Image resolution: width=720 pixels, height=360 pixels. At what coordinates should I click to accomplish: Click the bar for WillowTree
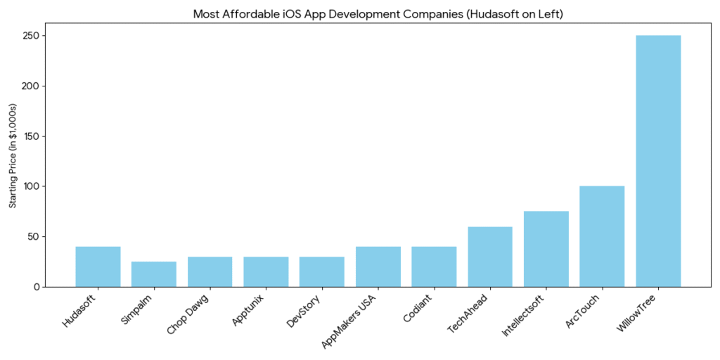pos(658,161)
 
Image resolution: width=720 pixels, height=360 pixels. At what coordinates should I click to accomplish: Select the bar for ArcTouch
pos(602,236)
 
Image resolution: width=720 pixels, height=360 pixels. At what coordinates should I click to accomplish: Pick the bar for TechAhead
pos(490,257)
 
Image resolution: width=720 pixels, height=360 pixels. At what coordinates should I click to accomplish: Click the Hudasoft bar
pos(98,266)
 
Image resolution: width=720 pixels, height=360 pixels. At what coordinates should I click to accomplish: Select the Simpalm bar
pos(154,274)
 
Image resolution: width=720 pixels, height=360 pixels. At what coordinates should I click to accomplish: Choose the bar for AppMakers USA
pos(378,266)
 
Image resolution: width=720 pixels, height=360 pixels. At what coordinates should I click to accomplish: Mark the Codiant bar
pos(434,266)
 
